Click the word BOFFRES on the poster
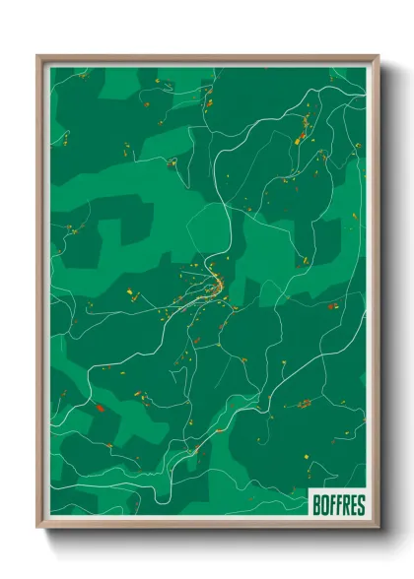coord(338,505)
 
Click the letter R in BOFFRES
coord(346,505)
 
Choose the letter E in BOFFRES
coord(353,505)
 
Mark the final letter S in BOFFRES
coord(360,505)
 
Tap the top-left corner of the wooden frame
coord(39,57)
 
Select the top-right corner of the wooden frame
coord(378,57)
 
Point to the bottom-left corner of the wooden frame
coord(39,527)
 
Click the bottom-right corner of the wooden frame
coord(378,527)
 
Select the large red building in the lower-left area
coord(99,406)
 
